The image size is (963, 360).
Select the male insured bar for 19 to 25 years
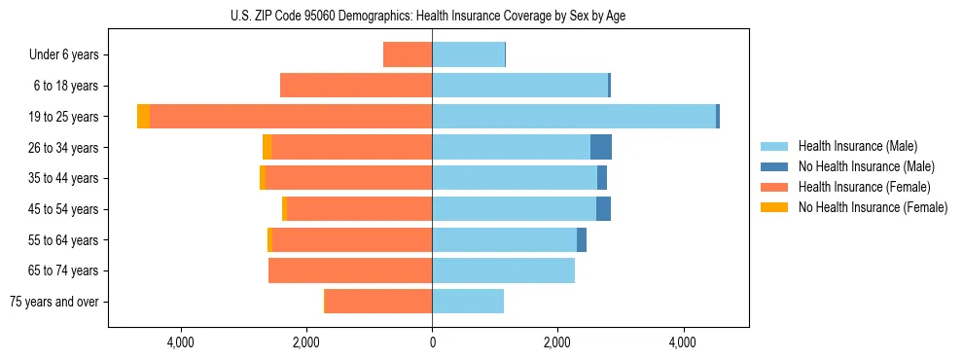coord(574,117)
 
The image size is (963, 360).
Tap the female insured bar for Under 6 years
coord(408,54)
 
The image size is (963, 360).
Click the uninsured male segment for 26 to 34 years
coord(601,147)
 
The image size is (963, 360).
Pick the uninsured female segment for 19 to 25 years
coord(143,117)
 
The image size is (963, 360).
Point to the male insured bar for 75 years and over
coord(468,302)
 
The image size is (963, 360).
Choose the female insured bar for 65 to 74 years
coord(350,270)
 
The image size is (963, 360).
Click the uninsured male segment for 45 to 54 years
coord(604,209)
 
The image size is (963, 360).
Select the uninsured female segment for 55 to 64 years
coord(269,239)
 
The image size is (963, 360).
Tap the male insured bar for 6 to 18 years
coord(519,86)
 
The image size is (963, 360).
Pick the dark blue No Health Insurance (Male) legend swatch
coord(774,166)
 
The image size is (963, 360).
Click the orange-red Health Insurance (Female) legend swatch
coord(774,187)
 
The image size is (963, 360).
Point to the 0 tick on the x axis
coord(432,342)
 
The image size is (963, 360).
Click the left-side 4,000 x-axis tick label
coord(182,342)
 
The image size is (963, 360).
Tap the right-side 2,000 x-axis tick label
coord(557,342)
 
